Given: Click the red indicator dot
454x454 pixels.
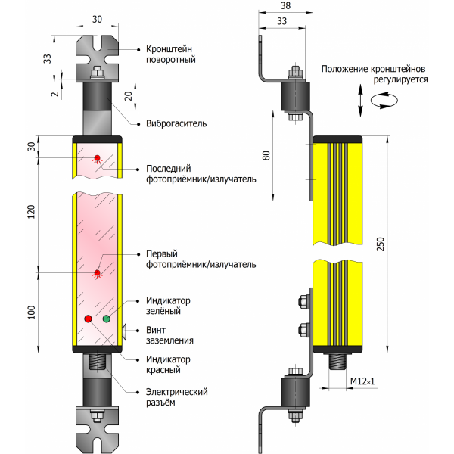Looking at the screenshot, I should click(88, 319).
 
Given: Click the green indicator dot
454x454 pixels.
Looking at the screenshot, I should click(106, 319).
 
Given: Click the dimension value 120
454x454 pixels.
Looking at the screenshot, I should click(31, 211).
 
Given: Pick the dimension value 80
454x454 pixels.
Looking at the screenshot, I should click(266, 156).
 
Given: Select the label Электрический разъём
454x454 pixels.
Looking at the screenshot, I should click(176, 397).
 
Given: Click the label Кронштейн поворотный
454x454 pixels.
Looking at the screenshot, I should click(170, 54).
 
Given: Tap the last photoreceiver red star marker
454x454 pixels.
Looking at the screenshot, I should click(96, 158).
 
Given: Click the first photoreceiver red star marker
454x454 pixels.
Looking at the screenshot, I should click(96, 272).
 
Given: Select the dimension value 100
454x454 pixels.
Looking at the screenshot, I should click(31, 313).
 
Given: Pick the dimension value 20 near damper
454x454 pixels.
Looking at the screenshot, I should click(129, 95).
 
